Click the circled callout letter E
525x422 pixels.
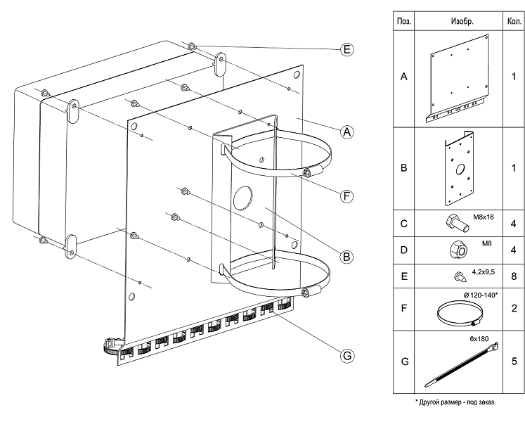pyautogui.click(x=346, y=49)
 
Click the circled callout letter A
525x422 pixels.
pyautogui.click(x=346, y=132)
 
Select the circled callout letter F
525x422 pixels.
pyautogui.click(x=346, y=196)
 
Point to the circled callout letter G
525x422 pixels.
pyautogui.click(x=346, y=356)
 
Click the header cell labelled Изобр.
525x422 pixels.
pyautogui.click(x=462, y=21)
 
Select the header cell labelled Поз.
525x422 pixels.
pyautogui.click(x=404, y=21)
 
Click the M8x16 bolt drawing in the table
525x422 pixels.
pyautogui.click(x=453, y=224)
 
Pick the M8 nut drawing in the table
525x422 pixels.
pyautogui.click(x=453, y=250)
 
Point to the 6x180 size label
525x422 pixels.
pyautogui.click(x=479, y=338)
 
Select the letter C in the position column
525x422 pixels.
pyautogui.click(x=404, y=225)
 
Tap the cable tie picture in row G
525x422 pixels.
pyautogui.click(x=462, y=366)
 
